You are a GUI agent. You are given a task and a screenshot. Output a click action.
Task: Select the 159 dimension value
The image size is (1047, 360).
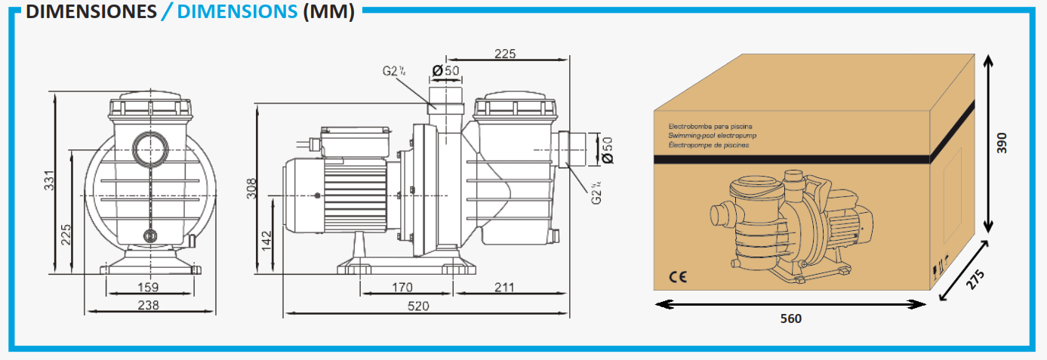pos(149,287)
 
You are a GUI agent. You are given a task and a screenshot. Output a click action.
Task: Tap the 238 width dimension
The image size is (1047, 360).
pos(149,305)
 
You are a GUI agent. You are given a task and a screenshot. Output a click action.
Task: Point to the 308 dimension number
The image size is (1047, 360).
pos(251,187)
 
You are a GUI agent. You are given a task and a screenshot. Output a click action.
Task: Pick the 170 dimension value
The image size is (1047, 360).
pos(402,287)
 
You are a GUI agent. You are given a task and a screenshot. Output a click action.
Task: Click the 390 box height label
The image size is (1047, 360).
pos(1002,143)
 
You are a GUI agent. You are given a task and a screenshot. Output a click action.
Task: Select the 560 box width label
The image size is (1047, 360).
pos(790,318)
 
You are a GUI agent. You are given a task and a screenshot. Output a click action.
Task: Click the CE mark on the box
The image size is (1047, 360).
pos(678,276)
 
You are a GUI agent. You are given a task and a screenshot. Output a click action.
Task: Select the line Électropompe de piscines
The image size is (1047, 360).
pos(710,144)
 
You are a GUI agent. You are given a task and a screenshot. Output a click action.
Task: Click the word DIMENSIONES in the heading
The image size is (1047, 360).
pos(91,13)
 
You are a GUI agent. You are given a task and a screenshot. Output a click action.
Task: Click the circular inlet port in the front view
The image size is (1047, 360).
pos(149,143)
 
